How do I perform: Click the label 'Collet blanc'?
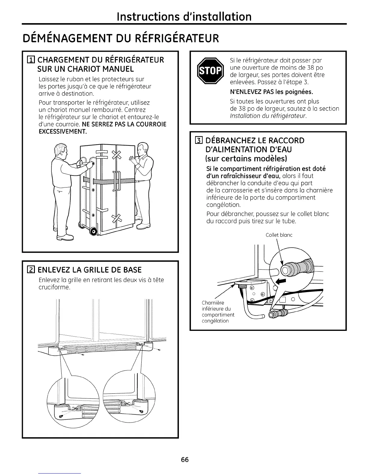click(x=279, y=235)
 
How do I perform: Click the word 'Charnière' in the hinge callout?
click(x=213, y=303)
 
